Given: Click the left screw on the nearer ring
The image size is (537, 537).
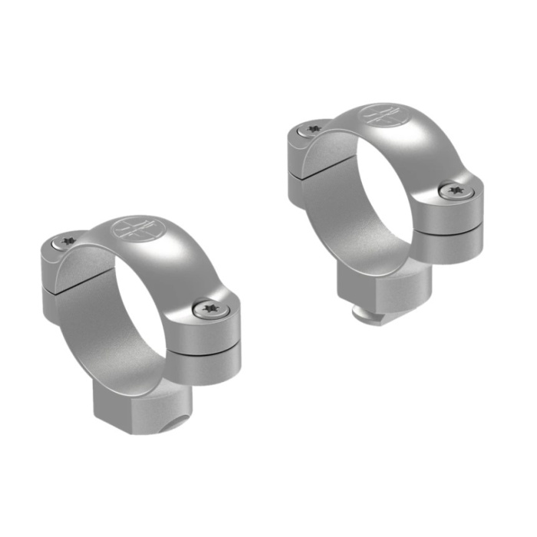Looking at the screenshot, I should click(x=67, y=242).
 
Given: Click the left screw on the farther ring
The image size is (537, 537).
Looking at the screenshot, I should click(x=312, y=130).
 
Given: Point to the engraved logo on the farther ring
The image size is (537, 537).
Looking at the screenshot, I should click(x=381, y=115).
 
